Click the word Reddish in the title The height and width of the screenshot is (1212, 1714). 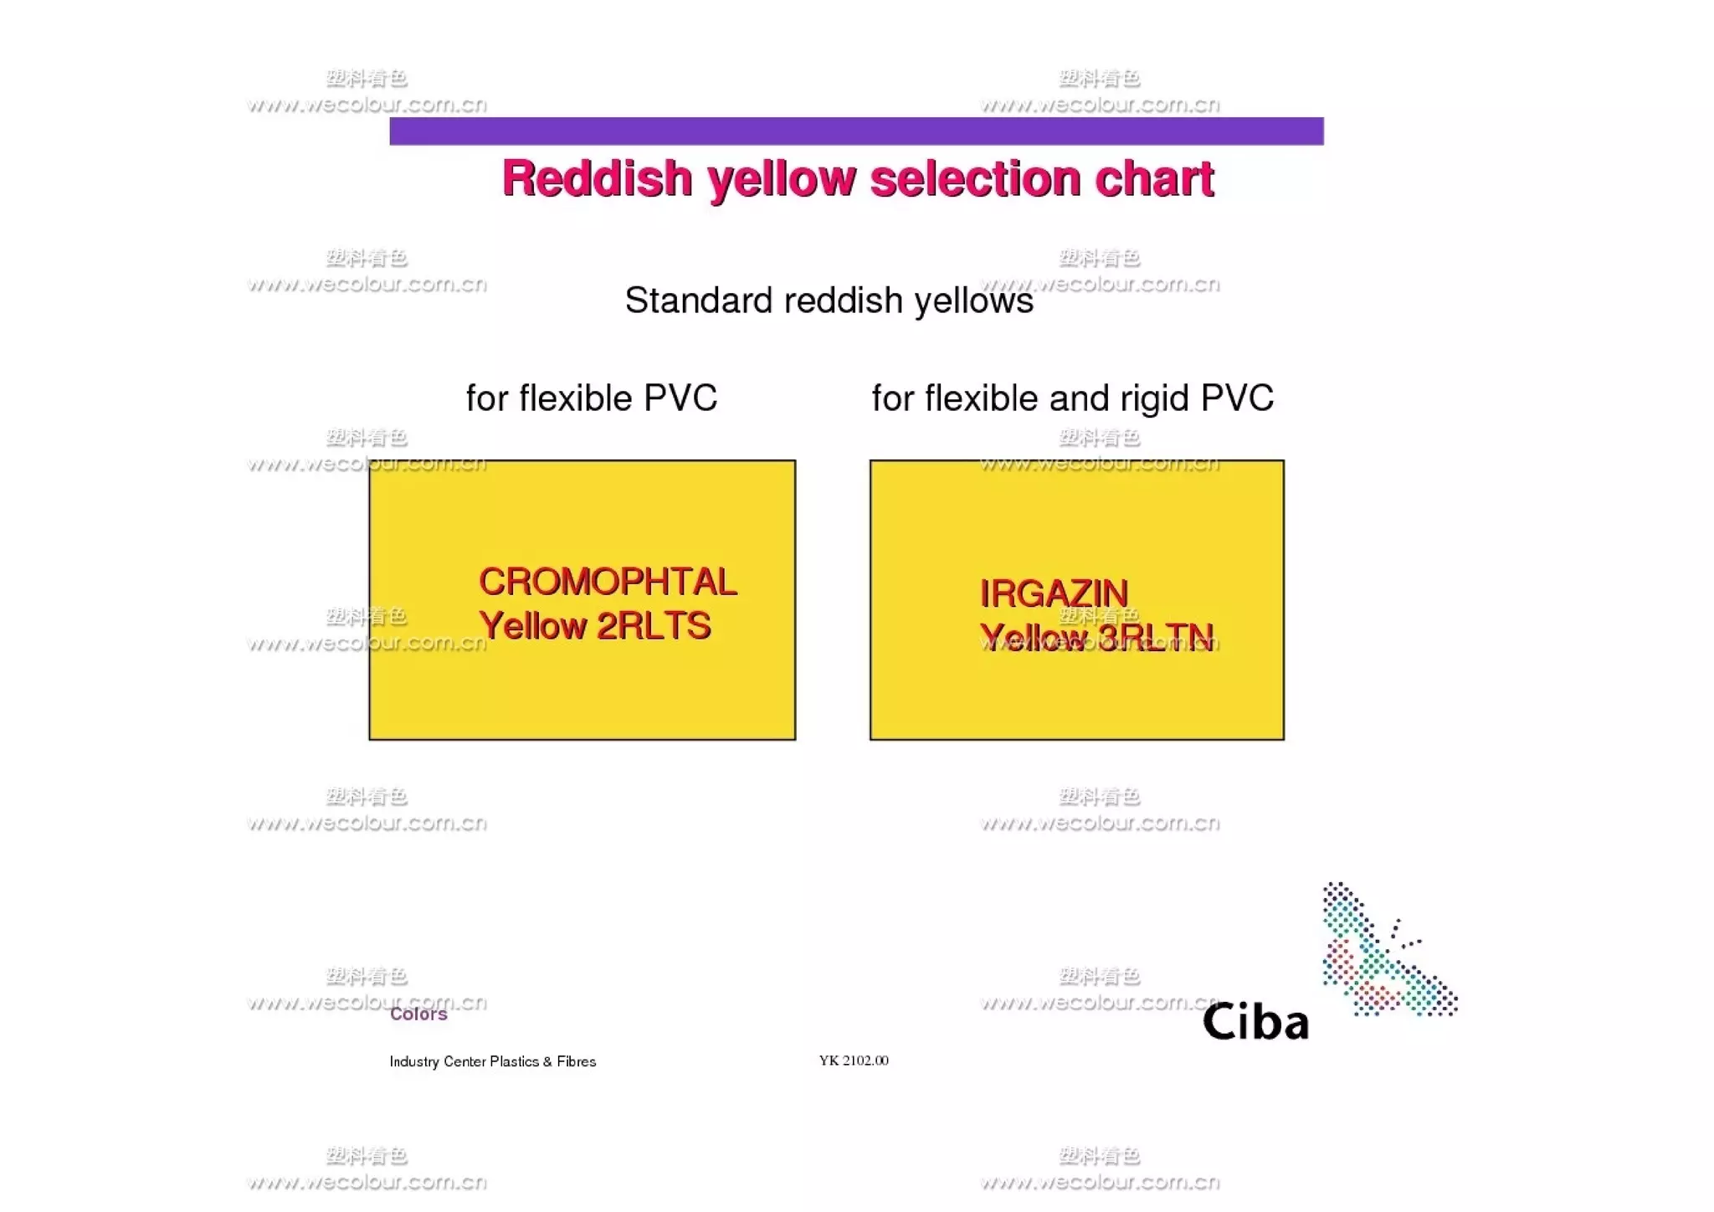point(597,178)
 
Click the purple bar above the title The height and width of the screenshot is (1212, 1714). point(855,131)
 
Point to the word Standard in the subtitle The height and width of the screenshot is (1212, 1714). point(698,300)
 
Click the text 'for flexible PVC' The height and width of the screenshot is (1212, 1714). point(591,398)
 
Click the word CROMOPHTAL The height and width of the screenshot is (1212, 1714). point(608,582)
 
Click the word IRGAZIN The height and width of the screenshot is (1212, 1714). point(1054,593)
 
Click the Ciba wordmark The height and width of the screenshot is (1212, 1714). point(1255,1022)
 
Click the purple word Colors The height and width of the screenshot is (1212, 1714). point(418,1014)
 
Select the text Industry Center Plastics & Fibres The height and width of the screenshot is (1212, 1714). point(492,1061)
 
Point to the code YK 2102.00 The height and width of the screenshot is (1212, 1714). point(854,1060)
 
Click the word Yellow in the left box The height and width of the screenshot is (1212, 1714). point(532,626)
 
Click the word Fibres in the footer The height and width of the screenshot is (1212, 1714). point(577,1061)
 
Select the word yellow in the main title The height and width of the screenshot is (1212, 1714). point(783,180)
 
